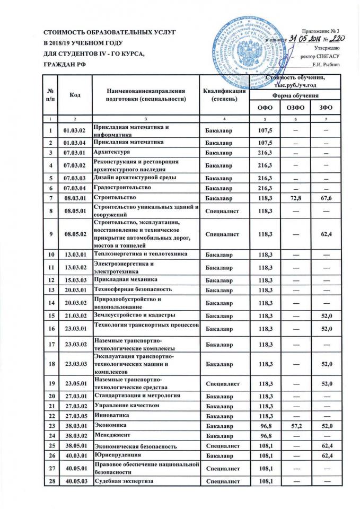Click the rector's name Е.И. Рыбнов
tap(330, 65)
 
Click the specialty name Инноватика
tap(110, 415)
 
